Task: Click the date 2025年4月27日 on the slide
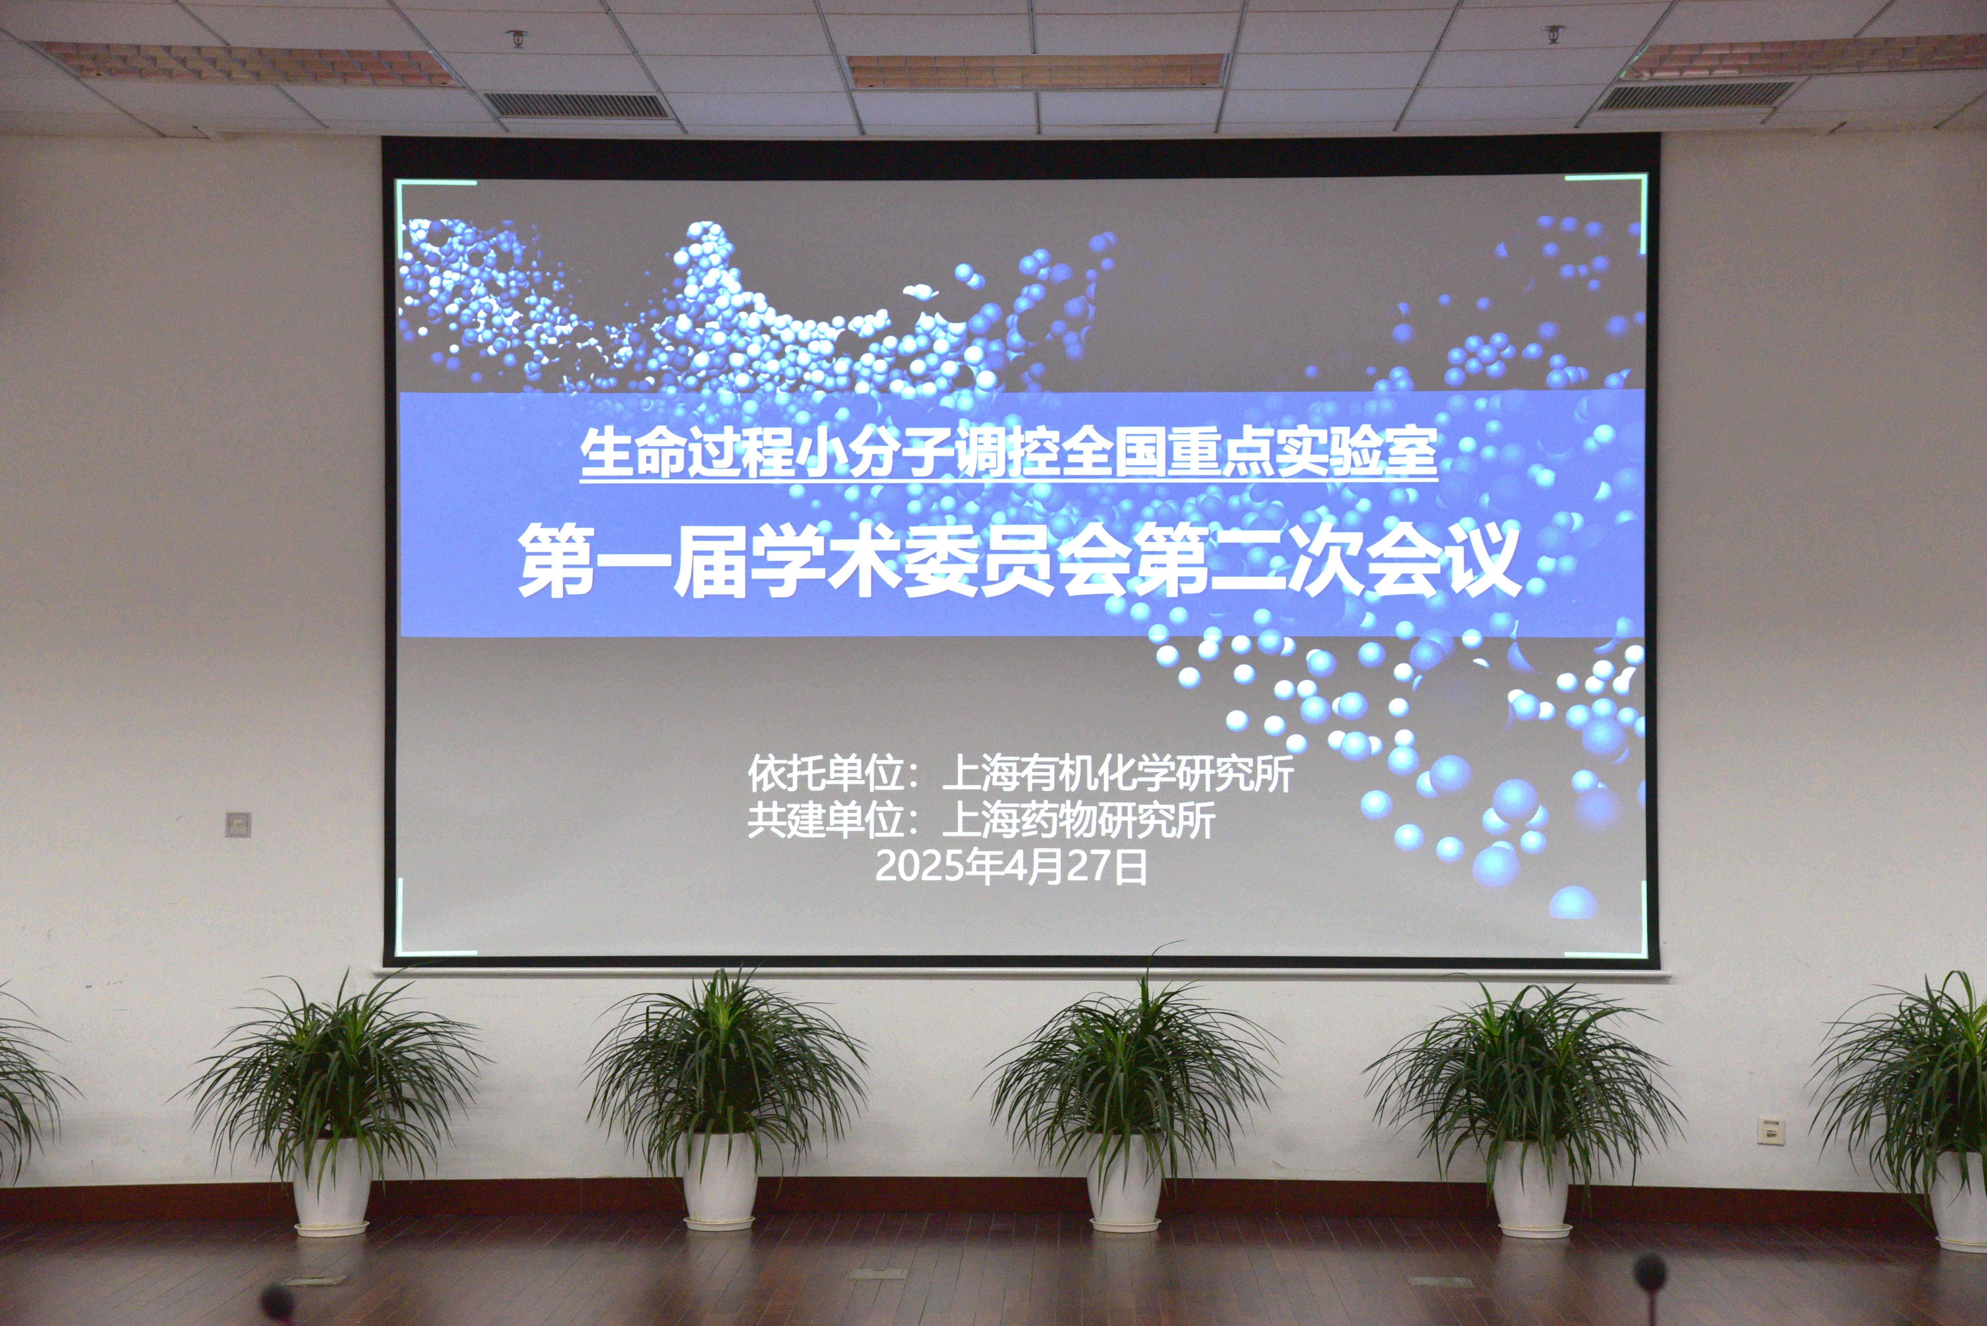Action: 1011,867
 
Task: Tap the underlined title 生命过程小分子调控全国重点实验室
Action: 1009,455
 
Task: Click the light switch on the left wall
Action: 239,824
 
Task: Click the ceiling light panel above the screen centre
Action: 1037,71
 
